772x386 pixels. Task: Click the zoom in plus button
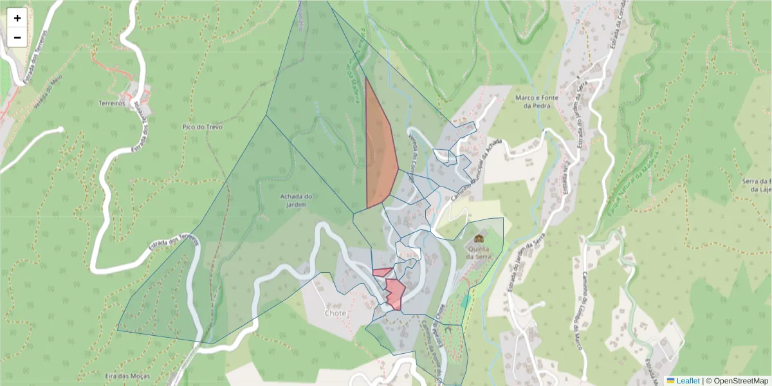pyautogui.click(x=17, y=18)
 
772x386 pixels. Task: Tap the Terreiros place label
pyautogui.click(x=111, y=103)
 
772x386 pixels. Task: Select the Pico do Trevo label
pyautogui.click(x=202, y=127)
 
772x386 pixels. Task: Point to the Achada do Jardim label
pyautogui.click(x=297, y=201)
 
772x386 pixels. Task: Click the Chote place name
pyautogui.click(x=335, y=313)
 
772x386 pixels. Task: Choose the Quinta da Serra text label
pyautogui.click(x=486, y=251)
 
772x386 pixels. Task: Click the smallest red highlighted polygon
pyautogui.click(x=382, y=272)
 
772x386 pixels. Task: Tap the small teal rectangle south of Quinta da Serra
pyautogui.click(x=464, y=301)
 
